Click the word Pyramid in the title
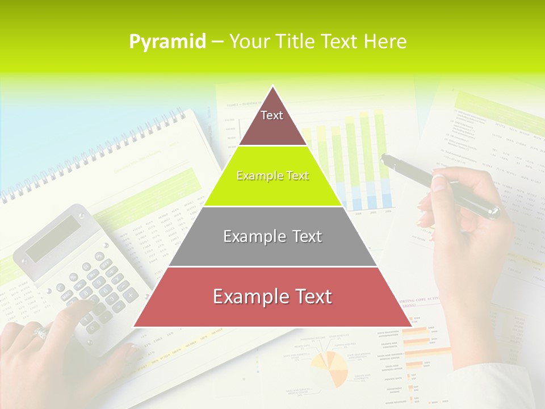(x=167, y=42)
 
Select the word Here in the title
(x=385, y=41)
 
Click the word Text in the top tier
(x=271, y=115)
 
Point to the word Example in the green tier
(x=254, y=176)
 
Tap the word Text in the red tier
(x=309, y=297)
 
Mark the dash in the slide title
(x=217, y=42)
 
